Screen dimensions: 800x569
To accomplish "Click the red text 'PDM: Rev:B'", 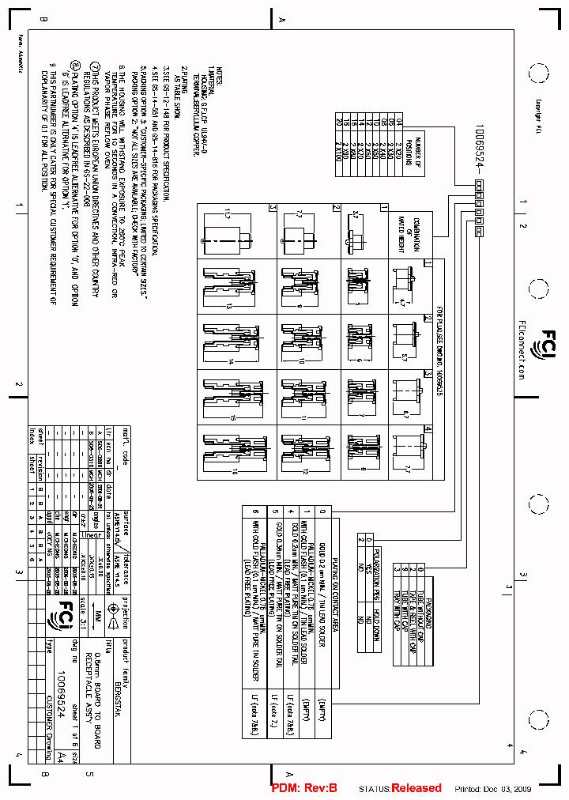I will coord(304,788).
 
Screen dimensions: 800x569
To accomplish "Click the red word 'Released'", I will coord(416,788).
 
